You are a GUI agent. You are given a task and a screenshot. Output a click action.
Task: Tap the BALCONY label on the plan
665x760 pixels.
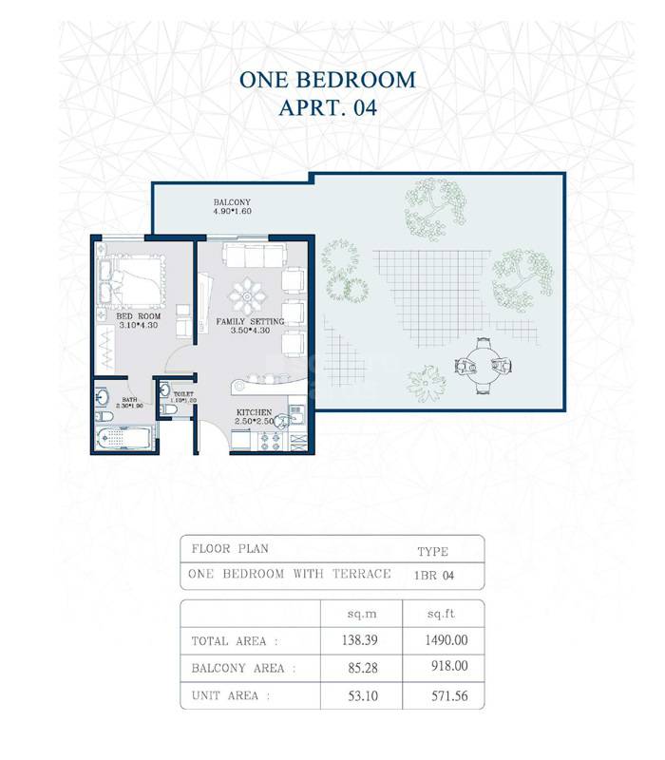pos(232,202)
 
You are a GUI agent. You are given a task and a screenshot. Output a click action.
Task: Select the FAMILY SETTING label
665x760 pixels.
pos(250,322)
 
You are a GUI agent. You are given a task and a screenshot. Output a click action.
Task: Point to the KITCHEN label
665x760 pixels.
pos(256,412)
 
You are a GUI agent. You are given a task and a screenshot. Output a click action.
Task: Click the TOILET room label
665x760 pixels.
pos(183,393)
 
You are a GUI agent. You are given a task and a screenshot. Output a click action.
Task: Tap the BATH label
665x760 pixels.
pos(129,400)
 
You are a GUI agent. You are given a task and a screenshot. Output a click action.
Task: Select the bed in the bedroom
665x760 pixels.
pos(131,275)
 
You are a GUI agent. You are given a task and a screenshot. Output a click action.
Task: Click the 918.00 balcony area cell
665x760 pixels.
pos(447,668)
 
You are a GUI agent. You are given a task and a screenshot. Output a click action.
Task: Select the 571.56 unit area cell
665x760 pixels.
pos(447,695)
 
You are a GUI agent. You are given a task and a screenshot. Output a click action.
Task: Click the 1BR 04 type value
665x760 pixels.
pos(433,574)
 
